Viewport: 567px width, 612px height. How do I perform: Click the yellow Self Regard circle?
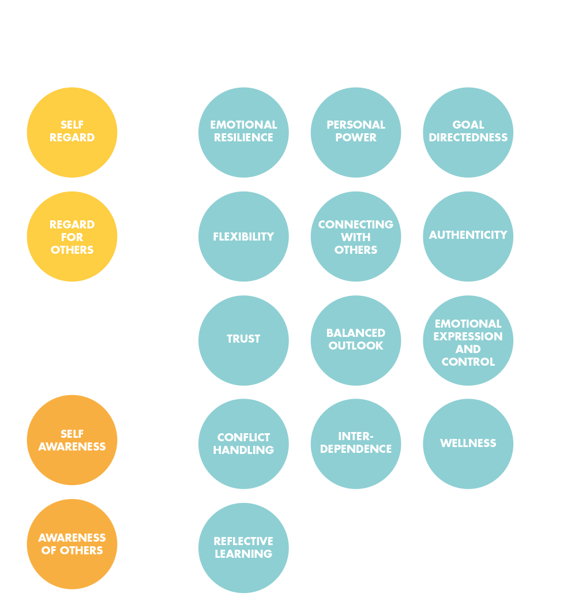pos(72,133)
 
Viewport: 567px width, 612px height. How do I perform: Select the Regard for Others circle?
pos(72,236)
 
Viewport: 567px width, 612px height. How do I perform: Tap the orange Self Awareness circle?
pos(72,440)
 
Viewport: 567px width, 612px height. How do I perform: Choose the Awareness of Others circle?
pos(72,544)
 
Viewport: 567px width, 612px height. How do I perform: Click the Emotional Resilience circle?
pos(243,133)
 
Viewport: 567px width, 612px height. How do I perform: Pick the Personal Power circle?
pos(356,133)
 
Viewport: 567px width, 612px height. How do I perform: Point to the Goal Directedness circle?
pos(468,133)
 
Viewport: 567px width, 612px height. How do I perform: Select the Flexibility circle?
pos(243,236)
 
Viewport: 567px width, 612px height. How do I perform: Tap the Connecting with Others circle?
pos(356,236)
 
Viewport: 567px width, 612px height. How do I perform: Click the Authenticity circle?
pos(468,236)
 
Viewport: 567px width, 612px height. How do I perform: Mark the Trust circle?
pos(243,340)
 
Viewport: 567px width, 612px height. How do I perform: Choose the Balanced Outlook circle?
pos(356,340)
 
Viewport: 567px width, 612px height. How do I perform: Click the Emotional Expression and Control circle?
pos(468,340)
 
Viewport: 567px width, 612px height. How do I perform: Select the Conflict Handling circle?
pos(243,444)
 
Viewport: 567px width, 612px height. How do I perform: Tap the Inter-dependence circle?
pos(356,444)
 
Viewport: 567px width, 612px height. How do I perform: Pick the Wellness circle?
pos(468,444)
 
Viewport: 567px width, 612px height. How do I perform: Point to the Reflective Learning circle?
pos(243,548)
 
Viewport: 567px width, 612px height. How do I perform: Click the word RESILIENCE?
pos(243,138)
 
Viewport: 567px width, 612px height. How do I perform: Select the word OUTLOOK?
pos(356,346)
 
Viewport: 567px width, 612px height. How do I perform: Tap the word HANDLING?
pos(243,450)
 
